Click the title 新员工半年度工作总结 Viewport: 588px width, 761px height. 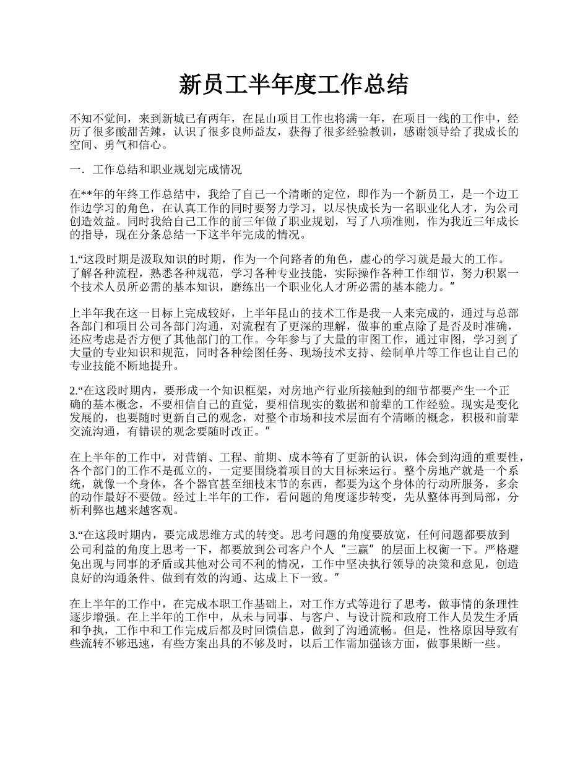pyautogui.click(x=293, y=85)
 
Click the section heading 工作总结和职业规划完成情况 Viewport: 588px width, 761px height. pyautogui.click(x=166, y=169)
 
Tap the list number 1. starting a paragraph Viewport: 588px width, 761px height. pyautogui.click(x=73, y=259)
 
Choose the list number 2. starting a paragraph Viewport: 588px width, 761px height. pyautogui.click(x=73, y=390)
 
